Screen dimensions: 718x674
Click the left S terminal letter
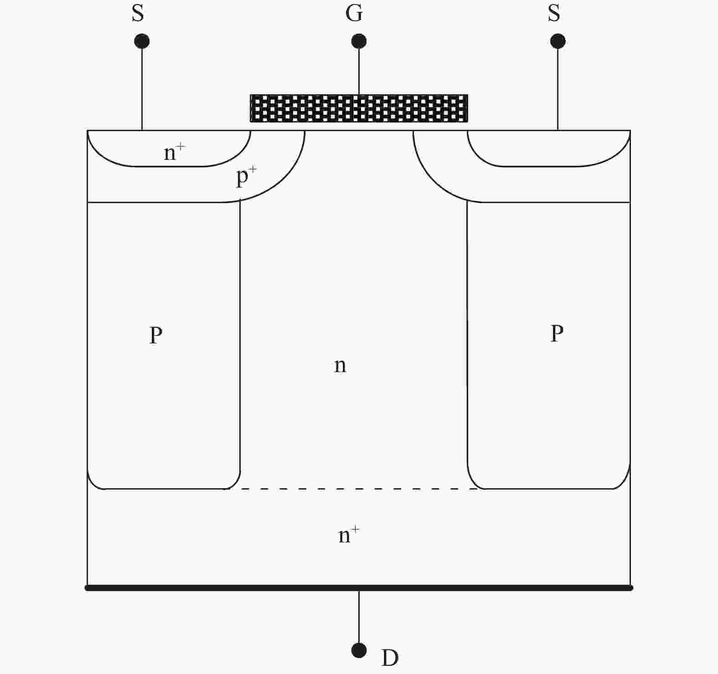[138, 13]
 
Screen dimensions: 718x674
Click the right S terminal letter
[554, 13]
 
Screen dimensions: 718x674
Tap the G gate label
[354, 13]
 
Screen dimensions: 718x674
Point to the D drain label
[390, 658]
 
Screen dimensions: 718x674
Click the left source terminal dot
[142, 41]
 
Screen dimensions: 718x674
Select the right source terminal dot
[558, 41]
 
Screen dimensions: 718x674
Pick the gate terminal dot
[359, 41]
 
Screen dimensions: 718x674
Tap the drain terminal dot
[359, 650]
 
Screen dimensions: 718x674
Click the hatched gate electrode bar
[359, 108]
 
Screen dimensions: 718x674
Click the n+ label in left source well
[175, 152]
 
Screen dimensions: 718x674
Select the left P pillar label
[156, 335]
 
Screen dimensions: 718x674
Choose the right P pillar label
[557, 333]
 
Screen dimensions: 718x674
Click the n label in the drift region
[340, 365]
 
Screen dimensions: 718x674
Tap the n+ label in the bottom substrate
[349, 535]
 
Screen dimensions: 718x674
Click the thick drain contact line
[359, 588]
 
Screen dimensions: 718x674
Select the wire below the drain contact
[359, 617]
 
